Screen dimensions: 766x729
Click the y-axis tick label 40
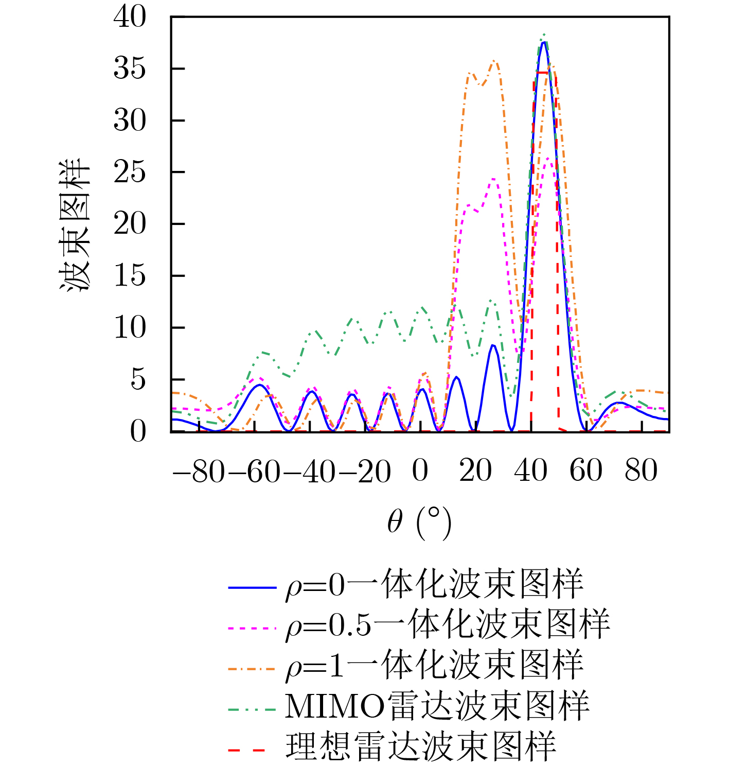click(x=130, y=16)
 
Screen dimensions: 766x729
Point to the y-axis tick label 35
click(x=130, y=68)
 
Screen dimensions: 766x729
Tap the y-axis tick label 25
click(x=130, y=172)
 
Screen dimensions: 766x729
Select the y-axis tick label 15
click(x=130, y=276)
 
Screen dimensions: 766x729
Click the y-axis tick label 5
click(x=138, y=380)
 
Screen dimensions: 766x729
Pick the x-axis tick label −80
click(x=199, y=471)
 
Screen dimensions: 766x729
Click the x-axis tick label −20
click(x=364, y=471)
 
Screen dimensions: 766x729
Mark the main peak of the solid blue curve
click(x=543, y=42)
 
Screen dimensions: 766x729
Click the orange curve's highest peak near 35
click(x=494, y=61)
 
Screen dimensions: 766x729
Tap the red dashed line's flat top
click(x=544, y=73)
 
